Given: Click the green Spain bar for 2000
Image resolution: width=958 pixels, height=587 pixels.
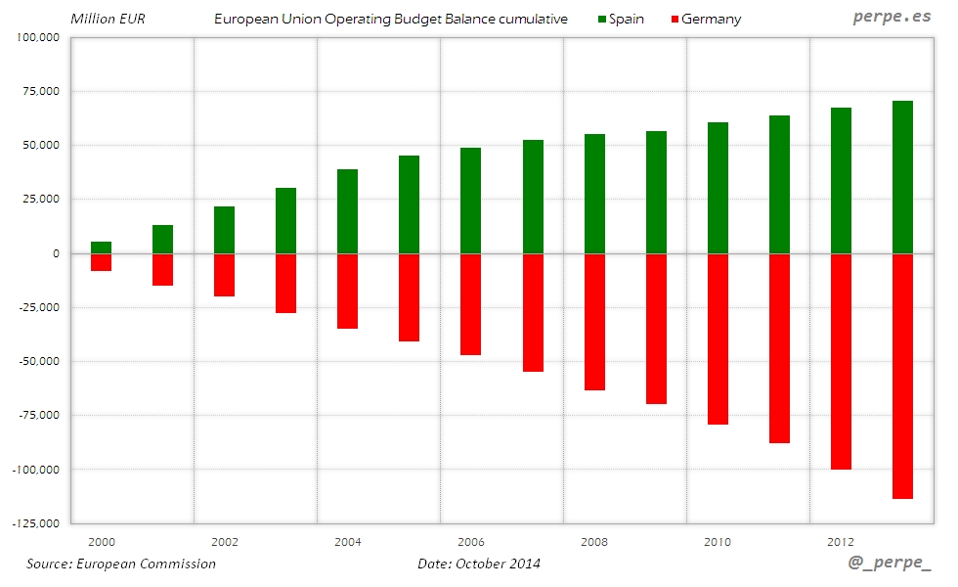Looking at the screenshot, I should pyautogui.click(x=101, y=248).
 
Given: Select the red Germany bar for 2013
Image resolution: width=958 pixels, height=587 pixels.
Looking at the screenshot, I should pyautogui.click(x=902, y=376).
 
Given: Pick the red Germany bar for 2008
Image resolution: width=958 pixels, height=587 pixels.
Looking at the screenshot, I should pyautogui.click(x=594, y=322).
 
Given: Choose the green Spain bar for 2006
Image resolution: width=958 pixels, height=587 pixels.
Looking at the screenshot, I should pyautogui.click(x=471, y=201).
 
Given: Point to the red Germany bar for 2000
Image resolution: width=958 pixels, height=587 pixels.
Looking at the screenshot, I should pyautogui.click(x=101, y=262).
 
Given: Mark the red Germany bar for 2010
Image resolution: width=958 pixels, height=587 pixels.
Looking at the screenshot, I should pyautogui.click(x=718, y=339).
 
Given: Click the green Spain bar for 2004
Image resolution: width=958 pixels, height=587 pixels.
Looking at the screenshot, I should pyautogui.click(x=347, y=211).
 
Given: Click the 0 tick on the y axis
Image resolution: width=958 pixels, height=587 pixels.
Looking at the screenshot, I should pyautogui.click(x=57, y=253).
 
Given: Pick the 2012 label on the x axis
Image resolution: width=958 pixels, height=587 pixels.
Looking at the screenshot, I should pyautogui.click(x=841, y=541).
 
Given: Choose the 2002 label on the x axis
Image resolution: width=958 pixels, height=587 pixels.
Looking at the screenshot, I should pyautogui.click(x=224, y=541).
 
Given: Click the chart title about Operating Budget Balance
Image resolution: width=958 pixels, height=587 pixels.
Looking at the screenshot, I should pyautogui.click(x=390, y=19).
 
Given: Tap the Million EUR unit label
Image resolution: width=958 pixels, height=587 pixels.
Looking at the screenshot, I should pyautogui.click(x=108, y=19).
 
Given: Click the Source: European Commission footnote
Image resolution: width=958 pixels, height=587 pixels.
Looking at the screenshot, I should pyautogui.click(x=121, y=564).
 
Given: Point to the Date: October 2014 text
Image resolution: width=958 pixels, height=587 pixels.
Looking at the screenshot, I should pyautogui.click(x=478, y=564).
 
